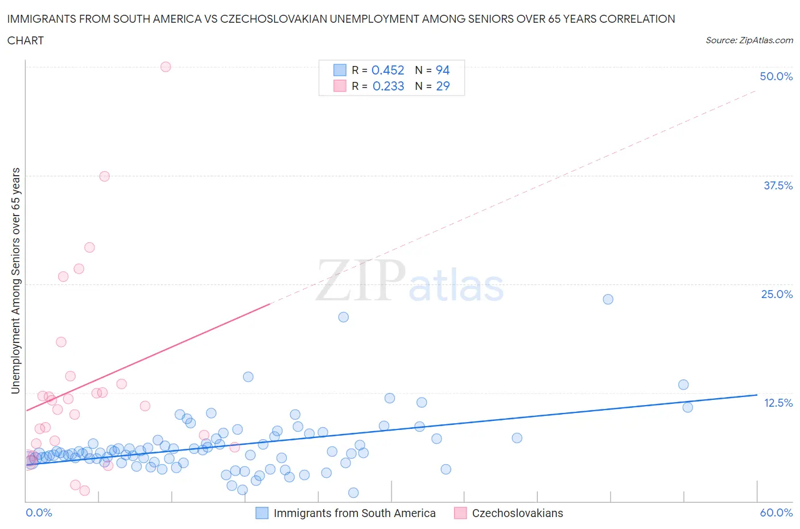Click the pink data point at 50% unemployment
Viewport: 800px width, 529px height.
166,67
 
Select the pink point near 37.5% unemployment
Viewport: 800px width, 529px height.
104,176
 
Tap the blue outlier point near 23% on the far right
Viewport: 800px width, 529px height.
608,299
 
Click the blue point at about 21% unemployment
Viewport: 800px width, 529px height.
343,317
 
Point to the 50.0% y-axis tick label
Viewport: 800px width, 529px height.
776,76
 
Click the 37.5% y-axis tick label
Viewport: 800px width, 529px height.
777,185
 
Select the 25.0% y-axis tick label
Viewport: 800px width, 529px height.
776,294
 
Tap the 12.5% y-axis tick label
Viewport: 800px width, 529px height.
777,403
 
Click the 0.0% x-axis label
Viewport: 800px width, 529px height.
39,513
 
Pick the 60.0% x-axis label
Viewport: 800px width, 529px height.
776,513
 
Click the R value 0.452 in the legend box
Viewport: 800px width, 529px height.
387,70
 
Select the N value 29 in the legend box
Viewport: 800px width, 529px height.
442,86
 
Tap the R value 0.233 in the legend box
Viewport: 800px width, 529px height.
388,86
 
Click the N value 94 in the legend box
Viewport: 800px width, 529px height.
442,70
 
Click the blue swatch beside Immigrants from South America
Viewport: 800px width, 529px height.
262,513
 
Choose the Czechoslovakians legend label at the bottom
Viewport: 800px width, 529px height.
517,513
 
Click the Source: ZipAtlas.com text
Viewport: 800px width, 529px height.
749,40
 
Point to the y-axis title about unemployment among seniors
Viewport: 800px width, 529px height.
15,280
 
